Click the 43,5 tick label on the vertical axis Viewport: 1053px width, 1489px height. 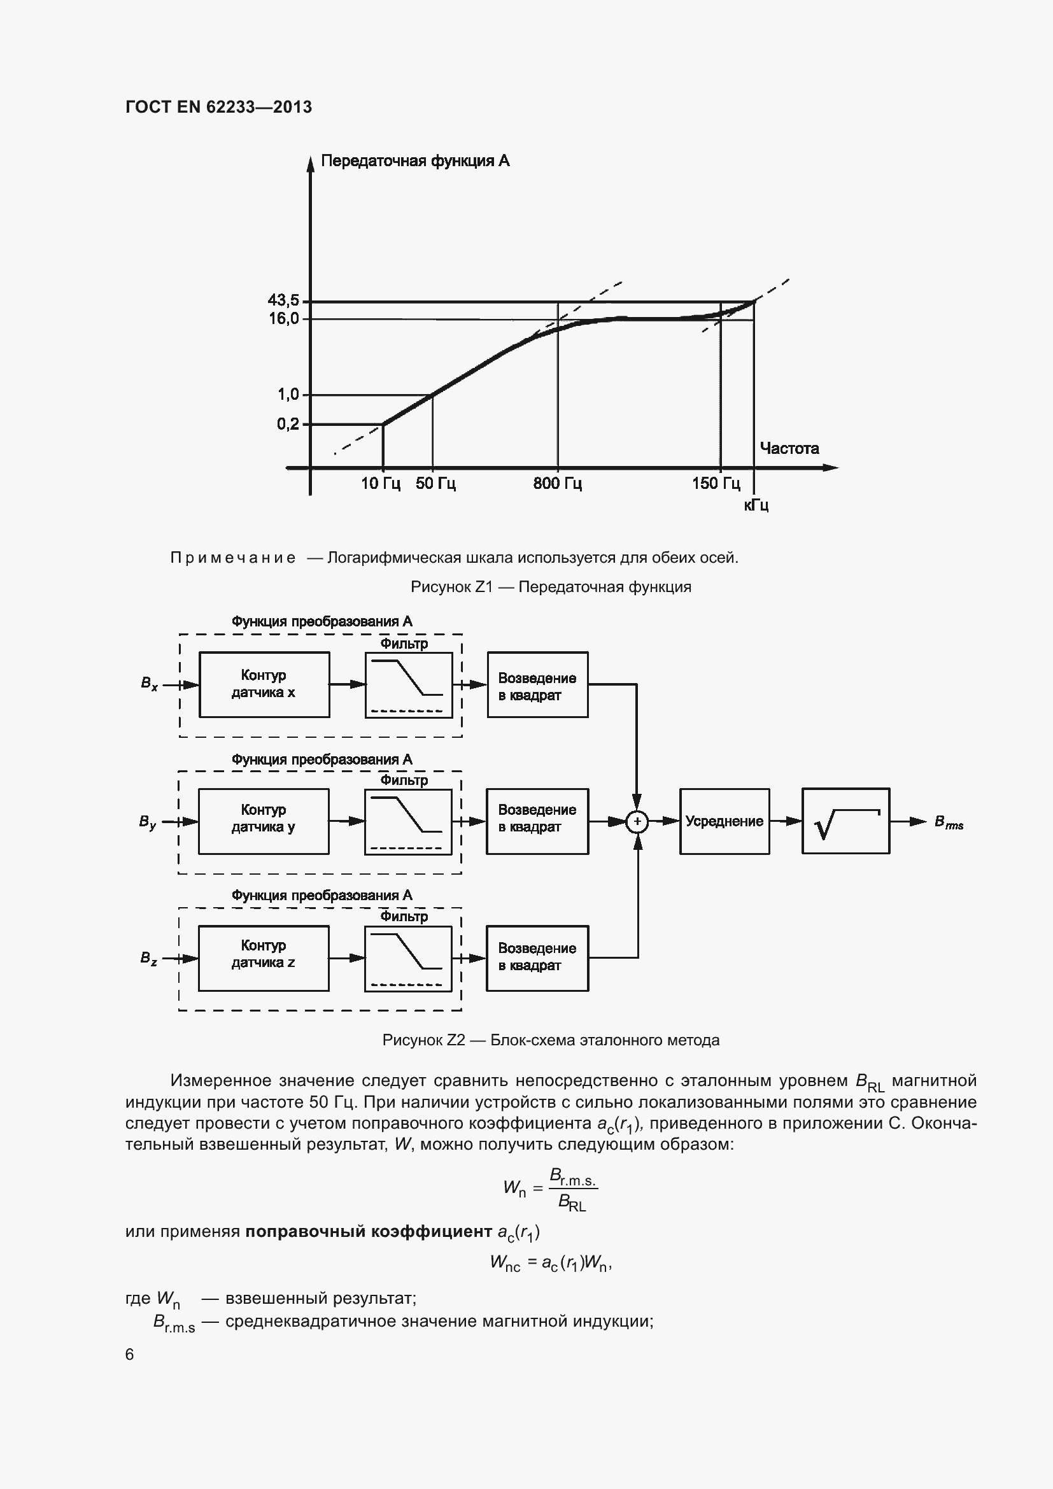pyautogui.click(x=283, y=300)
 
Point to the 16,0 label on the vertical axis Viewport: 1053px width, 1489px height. pyautogui.click(x=284, y=318)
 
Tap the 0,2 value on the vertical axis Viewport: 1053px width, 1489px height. pyautogui.click(x=288, y=424)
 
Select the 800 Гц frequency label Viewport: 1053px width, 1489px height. pyautogui.click(x=558, y=484)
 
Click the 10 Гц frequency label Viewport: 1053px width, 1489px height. pyautogui.click(x=381, y=484)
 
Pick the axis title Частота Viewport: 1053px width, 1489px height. pyautogui.click(x=789, y=449)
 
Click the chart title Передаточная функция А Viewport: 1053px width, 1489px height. pyautogui.click(x=415, y=161)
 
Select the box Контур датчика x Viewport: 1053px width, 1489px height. pyautogui.click(x=264, y=685)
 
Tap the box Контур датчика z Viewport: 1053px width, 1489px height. pyautogui.click(x=264, y=959)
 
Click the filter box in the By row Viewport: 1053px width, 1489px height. pyautogui.click(x=409, y=822)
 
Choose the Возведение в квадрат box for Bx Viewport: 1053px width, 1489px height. pyautogui.click(x=537, y=685)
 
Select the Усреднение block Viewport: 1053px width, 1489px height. pyautogui.click(x=724, y=822)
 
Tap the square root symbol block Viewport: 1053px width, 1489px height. pyautogui.click(x=845, y=822)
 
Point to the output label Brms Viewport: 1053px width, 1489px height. pyautogui.click(x=949, y=822)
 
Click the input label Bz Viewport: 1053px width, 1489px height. pyautogui.click(x=148, y=959)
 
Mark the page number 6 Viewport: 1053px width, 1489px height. pyautogui.click(x=130, y=1355)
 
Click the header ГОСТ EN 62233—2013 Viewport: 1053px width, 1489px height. pyautogui.click(x=218, y=107)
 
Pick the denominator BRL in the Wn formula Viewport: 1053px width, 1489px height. pyautogui.click(x=572, y=1204)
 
